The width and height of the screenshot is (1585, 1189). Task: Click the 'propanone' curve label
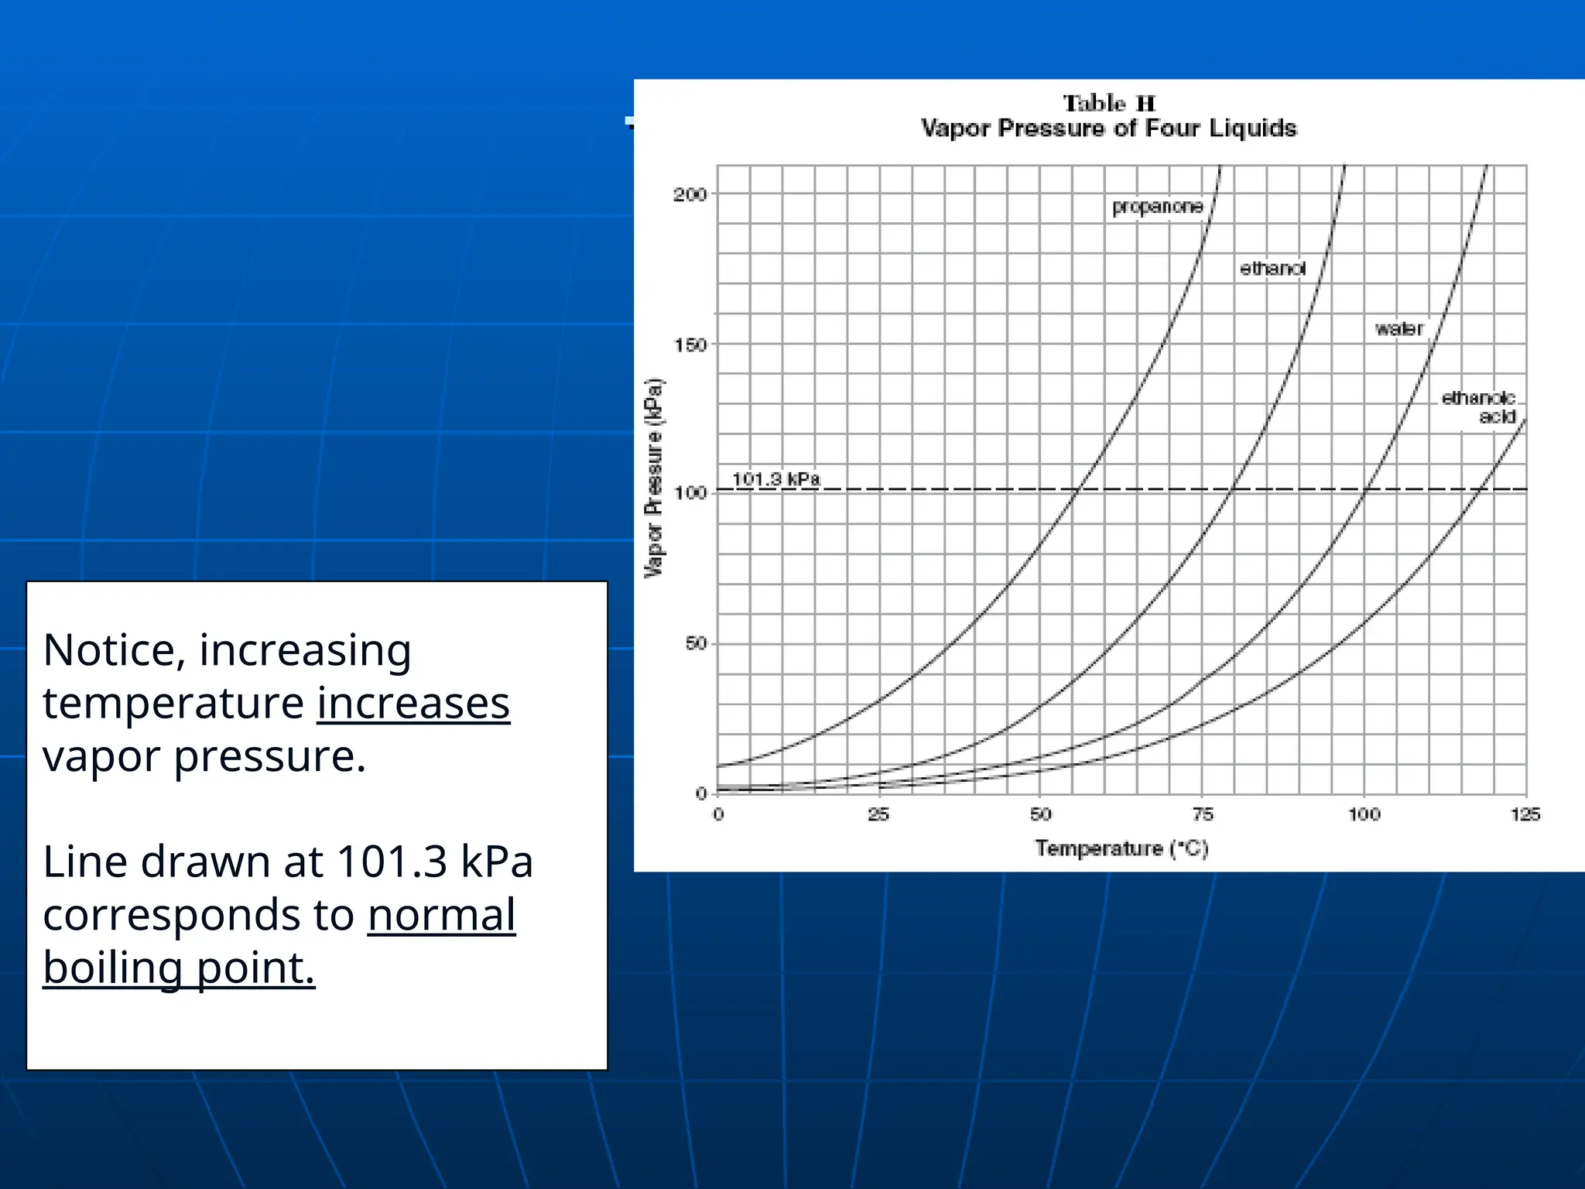pyautogui.click(x=1157, y=207)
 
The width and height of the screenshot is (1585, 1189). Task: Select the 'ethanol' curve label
pyautogui.click(x=1272, y=269)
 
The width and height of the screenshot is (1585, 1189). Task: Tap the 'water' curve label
pyautogui.click(x=1399, y=329)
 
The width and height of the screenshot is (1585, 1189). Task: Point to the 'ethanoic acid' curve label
pyautogui.click(x=1478, y=407)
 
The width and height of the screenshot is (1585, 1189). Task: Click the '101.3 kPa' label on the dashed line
pyautogui.click(x=775, y=479)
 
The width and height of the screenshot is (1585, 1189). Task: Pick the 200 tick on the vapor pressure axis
pyautogui.click(x=690, y=194)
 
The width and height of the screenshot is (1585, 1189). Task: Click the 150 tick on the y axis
pyautogui.click(x=690, y=344)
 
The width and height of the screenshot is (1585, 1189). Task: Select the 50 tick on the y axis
pyautogui.click(x=696, y=643)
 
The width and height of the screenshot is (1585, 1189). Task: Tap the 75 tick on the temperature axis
pyautogui.click(x=1202, y=814)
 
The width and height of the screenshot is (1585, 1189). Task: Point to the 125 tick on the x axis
pyautogui.click(x=1525, y=814)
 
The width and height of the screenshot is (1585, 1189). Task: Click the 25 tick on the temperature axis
pyautogui.click(x=878, y=814)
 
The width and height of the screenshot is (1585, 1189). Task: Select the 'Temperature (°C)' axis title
pyautogui.click(x=1121, y=848)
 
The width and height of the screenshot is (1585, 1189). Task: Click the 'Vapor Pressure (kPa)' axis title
pyautogui.click(x=655, y=478)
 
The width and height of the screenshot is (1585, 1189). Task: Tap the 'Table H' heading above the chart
pyautogui.click(x=1108, y=104)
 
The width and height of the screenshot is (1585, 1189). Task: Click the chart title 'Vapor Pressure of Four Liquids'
pyautogui.click(x=1108, y=128)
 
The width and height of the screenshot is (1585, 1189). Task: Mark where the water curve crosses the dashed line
pyautogui.click(x=1367, y=489)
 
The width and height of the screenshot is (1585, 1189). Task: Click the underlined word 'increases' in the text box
pyautogui.click(x=413, y=703)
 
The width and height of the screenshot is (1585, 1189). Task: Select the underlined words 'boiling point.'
pyautogui.click(x=179, y=968)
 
